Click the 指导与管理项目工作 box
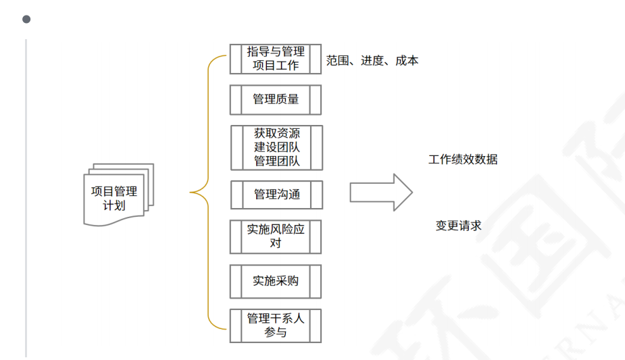click(x=275, y=59)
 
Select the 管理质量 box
click(x=275, y=99)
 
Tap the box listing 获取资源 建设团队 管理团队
click(x=276, y=147)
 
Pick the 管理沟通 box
click(x=276, y=195)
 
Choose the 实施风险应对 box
click(x=275, y=236)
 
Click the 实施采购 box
click(x=275, y=281)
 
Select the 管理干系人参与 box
click(x=275, y=326)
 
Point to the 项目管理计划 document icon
click(x=116, y=195)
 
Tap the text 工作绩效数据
click(x=463, y=160)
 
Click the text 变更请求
click(x=458, y=226)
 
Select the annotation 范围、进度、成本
click(x=372, y=61)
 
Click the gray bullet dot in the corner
click(x=26, y=19)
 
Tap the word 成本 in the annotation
click(x=407, y=61)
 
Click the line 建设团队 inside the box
click(x=276, y=147)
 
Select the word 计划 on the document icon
click(x=114, y=205)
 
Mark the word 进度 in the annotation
click(x=372, y=61)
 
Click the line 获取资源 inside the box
click(x=276, y=134)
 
